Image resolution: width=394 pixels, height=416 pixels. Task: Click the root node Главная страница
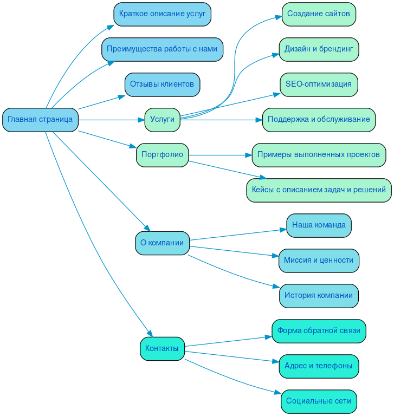tap(40, 120)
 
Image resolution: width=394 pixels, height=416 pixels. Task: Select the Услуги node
tap(162, 120)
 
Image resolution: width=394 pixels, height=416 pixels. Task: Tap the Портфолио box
tap(162, 155)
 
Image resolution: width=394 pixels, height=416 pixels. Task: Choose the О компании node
tap(162, 243)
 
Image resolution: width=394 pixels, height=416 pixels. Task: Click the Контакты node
tap(162, 348)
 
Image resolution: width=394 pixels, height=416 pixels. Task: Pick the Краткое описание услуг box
tap(162, 14)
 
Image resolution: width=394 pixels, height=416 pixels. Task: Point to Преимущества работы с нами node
tap(162, 49)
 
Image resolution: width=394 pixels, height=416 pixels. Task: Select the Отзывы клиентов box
tap(162, 84)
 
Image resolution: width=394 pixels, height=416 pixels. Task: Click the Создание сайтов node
tap(319, 14)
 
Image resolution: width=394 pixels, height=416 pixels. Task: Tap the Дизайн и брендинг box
tap(319, 49)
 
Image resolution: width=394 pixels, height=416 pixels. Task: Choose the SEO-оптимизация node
tap(319, 84)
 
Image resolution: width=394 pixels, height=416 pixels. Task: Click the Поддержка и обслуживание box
tap(319, 120)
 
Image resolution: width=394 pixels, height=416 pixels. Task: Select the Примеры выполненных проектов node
tap(319, 155)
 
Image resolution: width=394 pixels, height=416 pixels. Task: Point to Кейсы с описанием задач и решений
tap(319, 190)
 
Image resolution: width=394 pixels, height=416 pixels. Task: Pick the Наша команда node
tap(319, 225)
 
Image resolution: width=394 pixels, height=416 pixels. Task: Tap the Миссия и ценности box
tap(319, 261)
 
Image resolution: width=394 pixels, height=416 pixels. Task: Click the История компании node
tap(319, 296)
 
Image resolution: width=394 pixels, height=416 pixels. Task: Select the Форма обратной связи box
tap(319, 331)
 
